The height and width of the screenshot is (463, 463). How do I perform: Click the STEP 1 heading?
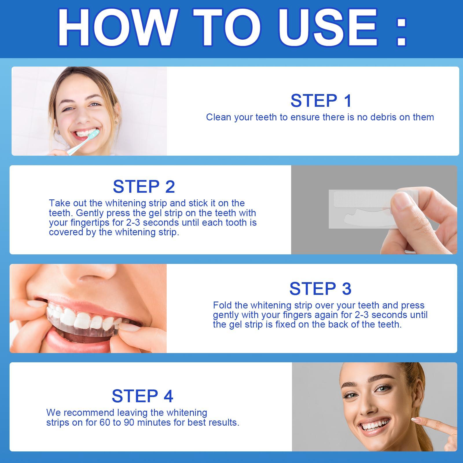tap(321, 101)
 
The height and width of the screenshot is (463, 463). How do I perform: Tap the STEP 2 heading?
tap(144, 186)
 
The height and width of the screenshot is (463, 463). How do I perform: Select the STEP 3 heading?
tap(320, 289)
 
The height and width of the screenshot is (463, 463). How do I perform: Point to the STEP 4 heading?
tap(142, 396)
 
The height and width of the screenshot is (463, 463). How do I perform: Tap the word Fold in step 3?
tap(222, 305)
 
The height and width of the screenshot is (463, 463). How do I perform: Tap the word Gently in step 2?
tap(88, 213)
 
